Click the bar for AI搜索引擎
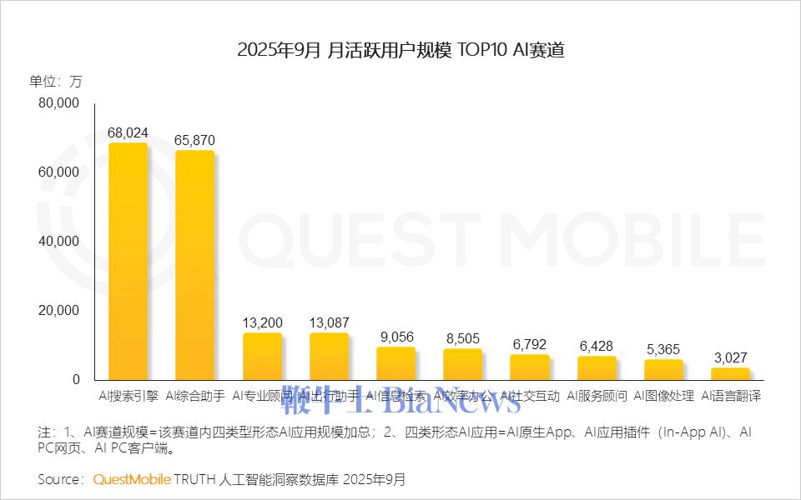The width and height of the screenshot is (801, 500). [x=128, y=262]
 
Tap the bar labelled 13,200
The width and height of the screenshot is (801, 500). [x=262, y=356]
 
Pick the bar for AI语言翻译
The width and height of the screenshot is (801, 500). [x=730, y=373]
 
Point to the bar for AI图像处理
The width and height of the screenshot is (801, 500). [x=663, y=369]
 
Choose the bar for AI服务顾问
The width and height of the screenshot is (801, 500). [x=597, y=367]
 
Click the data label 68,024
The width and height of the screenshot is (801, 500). [x=128, y=132]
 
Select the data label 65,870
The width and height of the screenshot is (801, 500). [x=195, y=140]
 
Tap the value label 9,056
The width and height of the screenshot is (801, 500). [x=395, y=337]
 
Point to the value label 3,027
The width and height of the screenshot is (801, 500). [x=730, y=357]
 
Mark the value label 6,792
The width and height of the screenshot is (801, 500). [x=529, y=344]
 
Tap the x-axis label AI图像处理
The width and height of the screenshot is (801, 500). [x=663, y=396]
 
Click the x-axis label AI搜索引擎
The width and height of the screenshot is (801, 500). [x=128, y=396]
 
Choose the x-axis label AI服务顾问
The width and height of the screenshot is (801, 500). [x=597, y=396]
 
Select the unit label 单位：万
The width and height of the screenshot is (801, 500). [x=56, y=81]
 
